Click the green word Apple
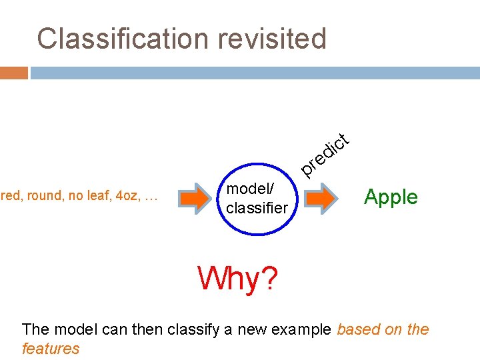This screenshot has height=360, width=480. [x=391, y=197]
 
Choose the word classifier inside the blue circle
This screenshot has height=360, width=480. [x=257, y=207]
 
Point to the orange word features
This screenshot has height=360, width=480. [x=51, y=348]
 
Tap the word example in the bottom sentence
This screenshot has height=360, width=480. [x=301, y=329]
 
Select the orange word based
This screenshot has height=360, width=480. [x=359, y=329]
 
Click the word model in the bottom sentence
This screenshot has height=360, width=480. [x=73, y=329]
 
